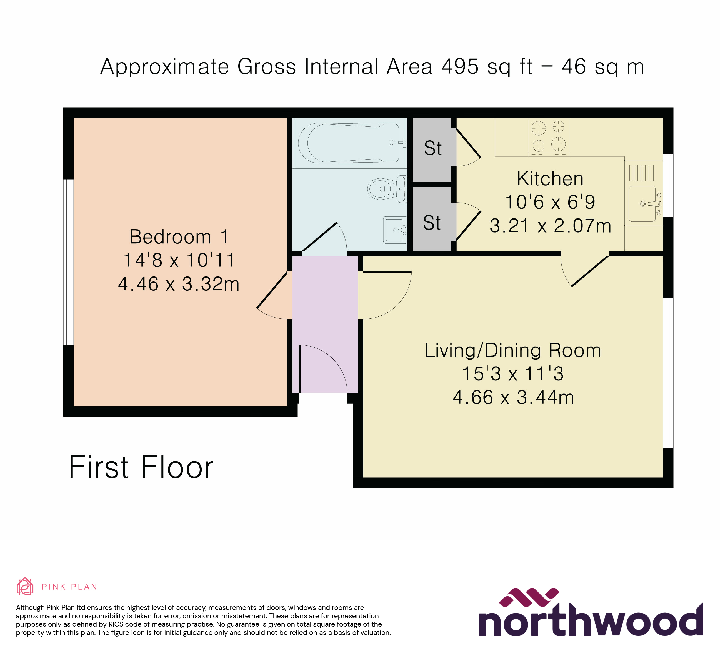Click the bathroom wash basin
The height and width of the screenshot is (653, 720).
[395, 230]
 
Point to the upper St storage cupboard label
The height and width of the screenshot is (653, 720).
[433, 148]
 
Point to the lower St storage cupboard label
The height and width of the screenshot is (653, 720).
[432, 223]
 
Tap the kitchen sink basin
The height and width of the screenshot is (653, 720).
[642, 204]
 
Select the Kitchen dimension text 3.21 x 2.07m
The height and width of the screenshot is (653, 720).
[550, 226]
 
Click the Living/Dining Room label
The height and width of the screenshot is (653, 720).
[513, 350]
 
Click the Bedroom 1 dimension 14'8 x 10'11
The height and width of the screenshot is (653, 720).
[179, 260]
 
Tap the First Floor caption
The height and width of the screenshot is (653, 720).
[141, 467]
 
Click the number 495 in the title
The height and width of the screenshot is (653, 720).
[460, 66]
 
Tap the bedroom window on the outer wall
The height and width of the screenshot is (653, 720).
[69, 262]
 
